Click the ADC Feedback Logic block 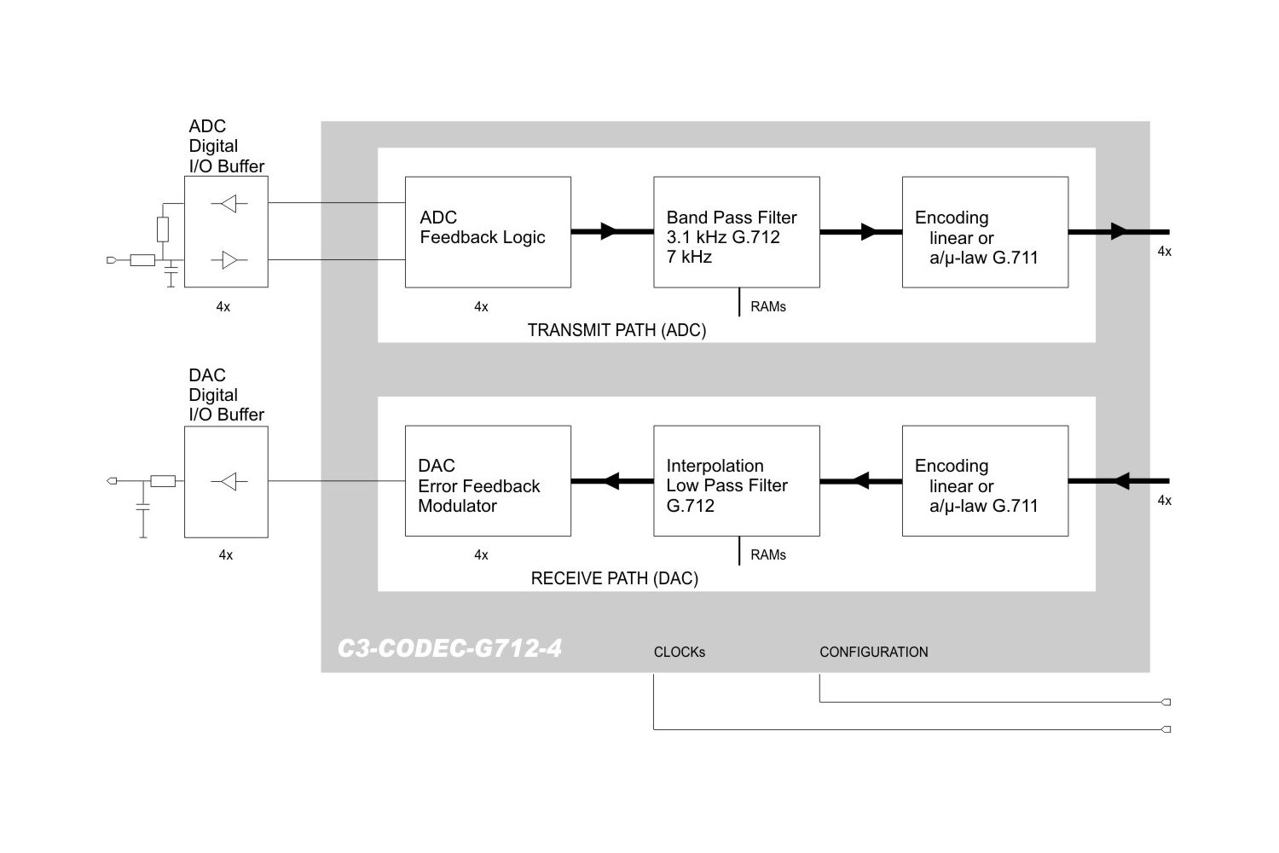pos(487,232)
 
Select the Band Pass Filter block pos(736,232)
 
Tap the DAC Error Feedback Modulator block pos(487,481)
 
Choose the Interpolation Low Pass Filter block pos(736,481)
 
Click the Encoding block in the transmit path pos(985,232)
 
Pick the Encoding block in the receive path pos(985,481)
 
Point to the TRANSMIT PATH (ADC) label pos(616,330)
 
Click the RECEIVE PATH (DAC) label pos(614,578)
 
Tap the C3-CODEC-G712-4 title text pos(449,648)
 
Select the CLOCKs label pos(679,652)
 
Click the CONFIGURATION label pos(873,652)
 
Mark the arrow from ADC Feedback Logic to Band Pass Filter pos(609,231)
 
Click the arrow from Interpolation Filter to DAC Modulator pos(611,481)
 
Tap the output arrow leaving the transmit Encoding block pos(1119,231)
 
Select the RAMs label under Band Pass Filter pos(767,306)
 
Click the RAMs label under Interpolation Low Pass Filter pos(767,554)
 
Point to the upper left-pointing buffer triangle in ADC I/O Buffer pos(229,204)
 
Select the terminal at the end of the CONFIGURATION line pos(1166,702)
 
